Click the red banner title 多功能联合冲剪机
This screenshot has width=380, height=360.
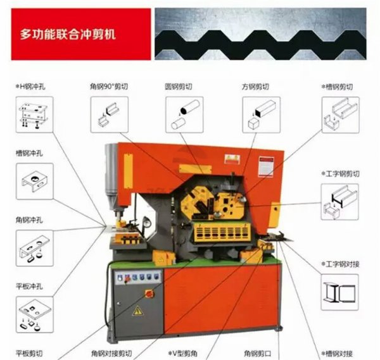point(68,34)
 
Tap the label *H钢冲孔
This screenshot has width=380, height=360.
point(30,87)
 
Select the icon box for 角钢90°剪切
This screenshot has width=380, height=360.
point(110,115)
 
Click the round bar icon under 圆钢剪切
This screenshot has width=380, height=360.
point(184,115)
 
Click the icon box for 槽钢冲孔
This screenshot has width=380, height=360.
point(35,181)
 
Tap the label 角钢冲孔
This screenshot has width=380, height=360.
point(29,220)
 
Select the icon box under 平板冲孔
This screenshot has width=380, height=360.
point(35,314)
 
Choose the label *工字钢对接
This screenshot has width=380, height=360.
point(340,264)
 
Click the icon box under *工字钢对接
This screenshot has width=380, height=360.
point(339,292)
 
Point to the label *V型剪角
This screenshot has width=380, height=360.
point(183,354)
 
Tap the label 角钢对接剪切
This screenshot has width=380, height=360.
point(111,354)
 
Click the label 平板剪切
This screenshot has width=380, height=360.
point(29,354)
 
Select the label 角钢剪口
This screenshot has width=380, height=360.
point(258,354)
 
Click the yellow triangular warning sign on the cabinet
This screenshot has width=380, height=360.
point(137,311)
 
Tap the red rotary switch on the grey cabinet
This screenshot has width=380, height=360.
point(149,294)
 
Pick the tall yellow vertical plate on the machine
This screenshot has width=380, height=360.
point(128,171)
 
